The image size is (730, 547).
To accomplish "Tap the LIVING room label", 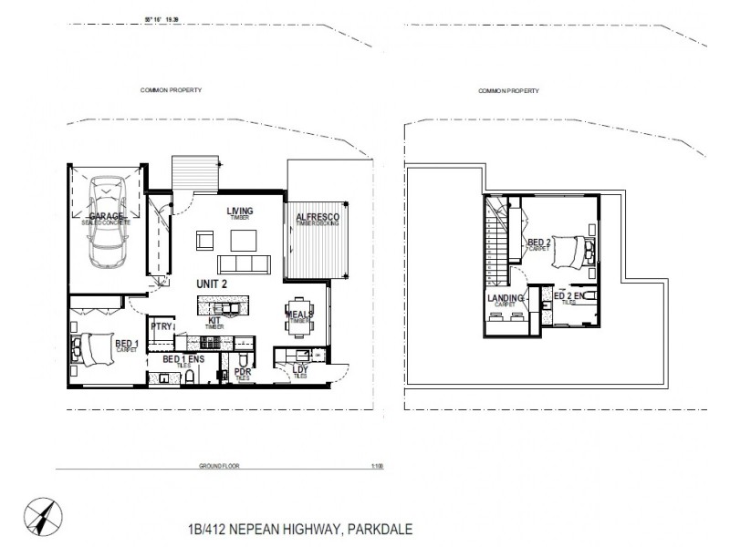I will coord(240,212).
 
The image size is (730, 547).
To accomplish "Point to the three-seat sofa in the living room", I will coord(245,264).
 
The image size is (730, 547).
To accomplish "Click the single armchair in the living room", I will coord(203,241).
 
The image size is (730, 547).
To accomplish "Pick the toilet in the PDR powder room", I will coord(243,382).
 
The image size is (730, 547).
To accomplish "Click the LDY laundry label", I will coord(298,370).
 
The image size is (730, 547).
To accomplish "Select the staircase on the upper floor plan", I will coord(497,246).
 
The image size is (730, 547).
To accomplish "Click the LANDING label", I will coord(506,299).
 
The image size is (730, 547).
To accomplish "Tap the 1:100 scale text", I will coord(377,466).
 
